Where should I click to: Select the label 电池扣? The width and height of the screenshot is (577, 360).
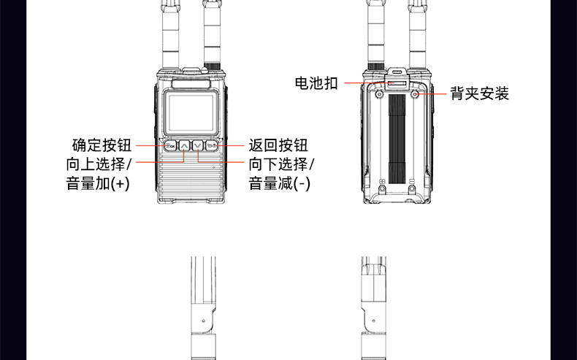[x=316, y=83]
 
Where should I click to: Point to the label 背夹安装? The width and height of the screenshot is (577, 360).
[x=479, y=93]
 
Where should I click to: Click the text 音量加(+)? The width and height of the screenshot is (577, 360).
[x=98, y=183]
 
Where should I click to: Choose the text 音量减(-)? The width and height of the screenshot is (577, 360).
[x=280, y=183]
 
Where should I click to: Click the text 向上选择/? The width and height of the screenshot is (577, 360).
[x=99, y=164]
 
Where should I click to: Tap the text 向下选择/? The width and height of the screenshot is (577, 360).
[x=281, y=164]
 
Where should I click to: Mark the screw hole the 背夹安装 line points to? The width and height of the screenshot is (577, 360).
[x=415, y=94]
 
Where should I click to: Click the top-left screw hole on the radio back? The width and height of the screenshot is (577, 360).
[x=379, y=94]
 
